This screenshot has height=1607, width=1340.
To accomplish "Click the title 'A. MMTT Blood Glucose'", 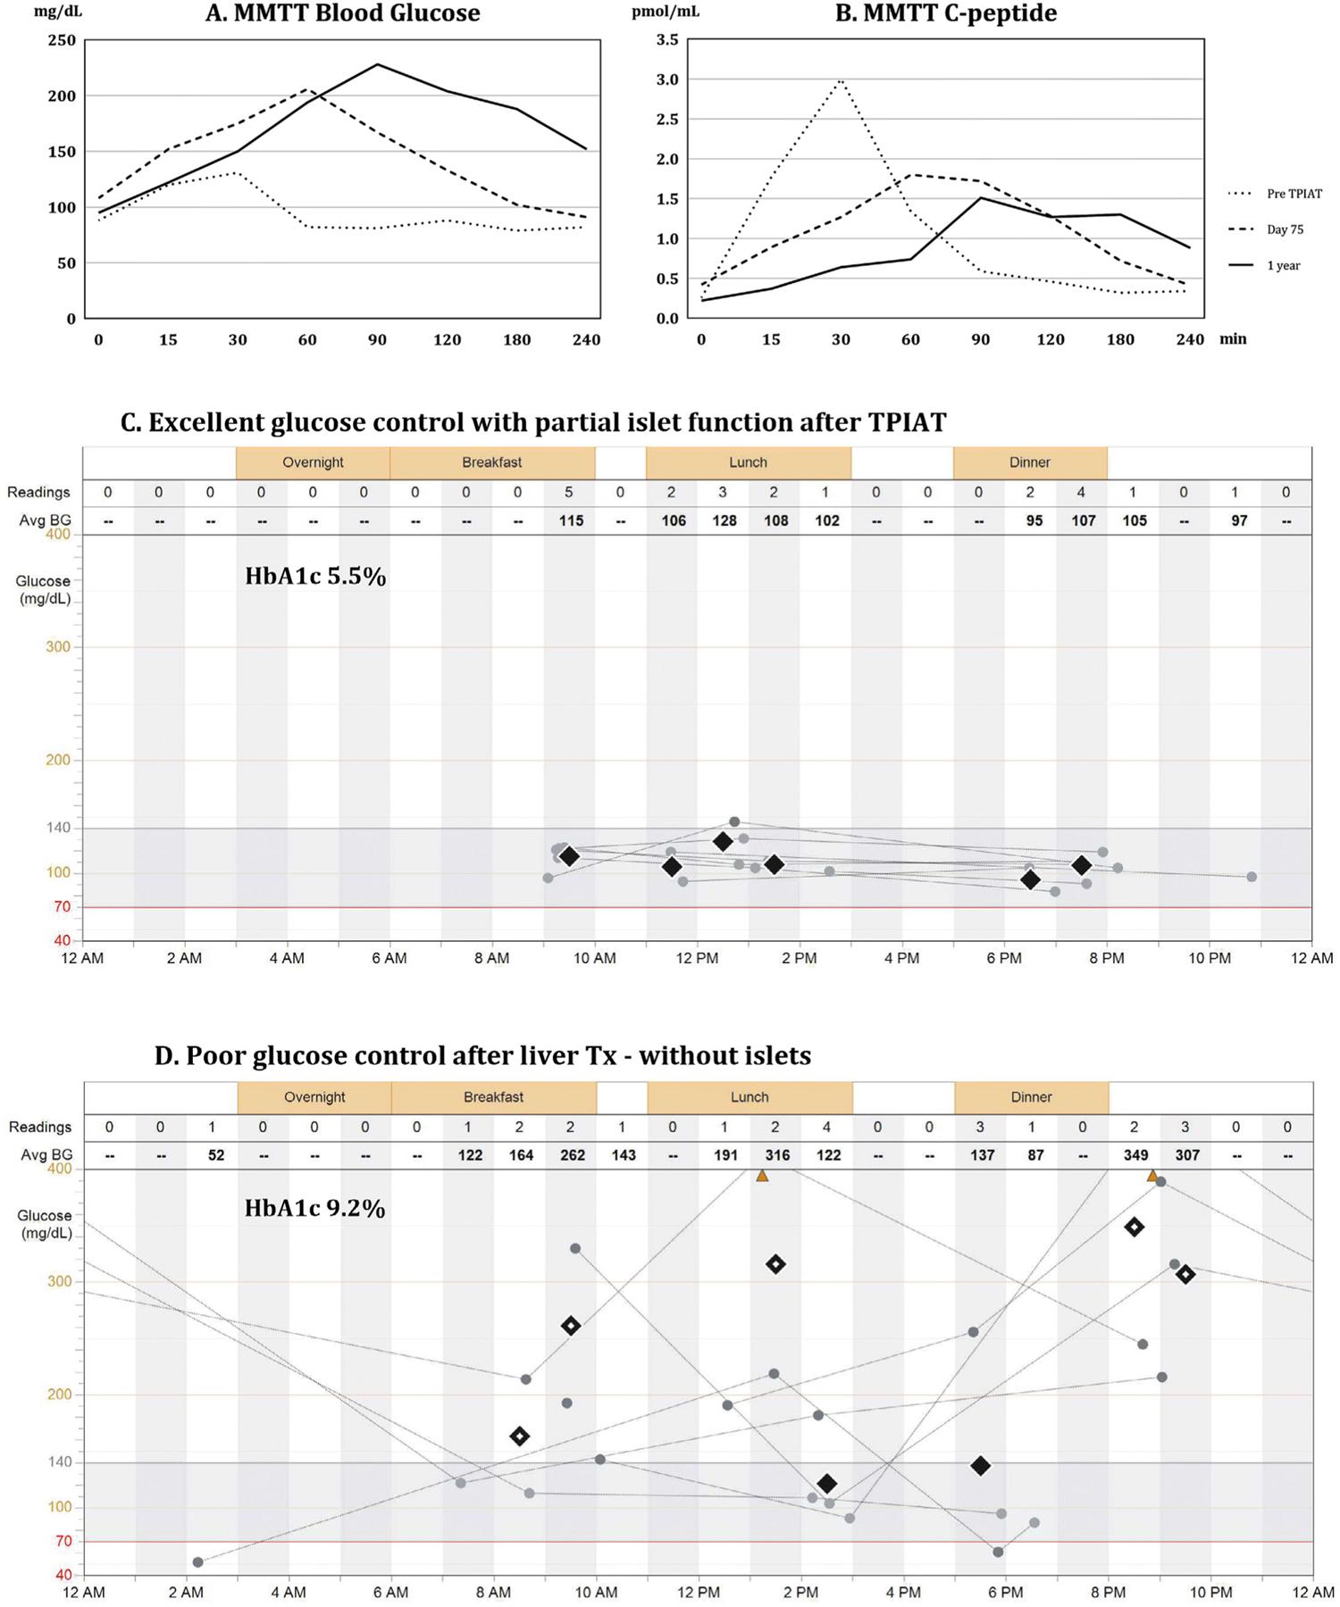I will [x=342, y=13].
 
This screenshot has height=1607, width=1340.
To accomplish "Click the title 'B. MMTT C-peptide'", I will [x=946, y=13].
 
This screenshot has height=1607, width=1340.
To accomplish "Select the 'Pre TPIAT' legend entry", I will [x=1294, y=194].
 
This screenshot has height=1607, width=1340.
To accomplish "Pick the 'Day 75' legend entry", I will [x=1285, y=229].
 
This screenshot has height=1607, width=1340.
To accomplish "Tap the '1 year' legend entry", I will [x=1283, y=265].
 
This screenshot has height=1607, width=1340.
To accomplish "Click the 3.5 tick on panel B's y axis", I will [x=667, y=40].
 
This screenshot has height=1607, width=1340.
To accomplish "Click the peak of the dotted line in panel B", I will [x=841, y=79].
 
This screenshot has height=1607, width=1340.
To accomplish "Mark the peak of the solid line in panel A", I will [x=378, y=64].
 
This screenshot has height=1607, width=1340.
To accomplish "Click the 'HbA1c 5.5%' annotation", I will [x=315, y=577].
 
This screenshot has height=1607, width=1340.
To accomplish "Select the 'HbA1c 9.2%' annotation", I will [x=315, y=1209].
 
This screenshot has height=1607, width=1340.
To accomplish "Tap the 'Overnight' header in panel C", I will [x=313, y=462].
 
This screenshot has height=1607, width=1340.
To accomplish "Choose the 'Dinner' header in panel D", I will [x=1031, y=1097].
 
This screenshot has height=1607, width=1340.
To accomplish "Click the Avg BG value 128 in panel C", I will [x=724, y=520].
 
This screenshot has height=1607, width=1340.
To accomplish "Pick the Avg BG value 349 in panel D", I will [x=1135, y=1155].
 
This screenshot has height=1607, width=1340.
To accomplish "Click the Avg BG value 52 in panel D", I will [x=215, y=1155].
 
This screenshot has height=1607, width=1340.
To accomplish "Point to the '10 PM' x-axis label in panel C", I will [x=1209, y=959].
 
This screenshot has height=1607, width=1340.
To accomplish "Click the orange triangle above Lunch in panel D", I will [x=762, y=1176].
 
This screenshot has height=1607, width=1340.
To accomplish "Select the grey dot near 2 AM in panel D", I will [x=197, y=1562].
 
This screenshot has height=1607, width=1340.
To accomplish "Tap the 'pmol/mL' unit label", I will [x=678, y=12].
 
